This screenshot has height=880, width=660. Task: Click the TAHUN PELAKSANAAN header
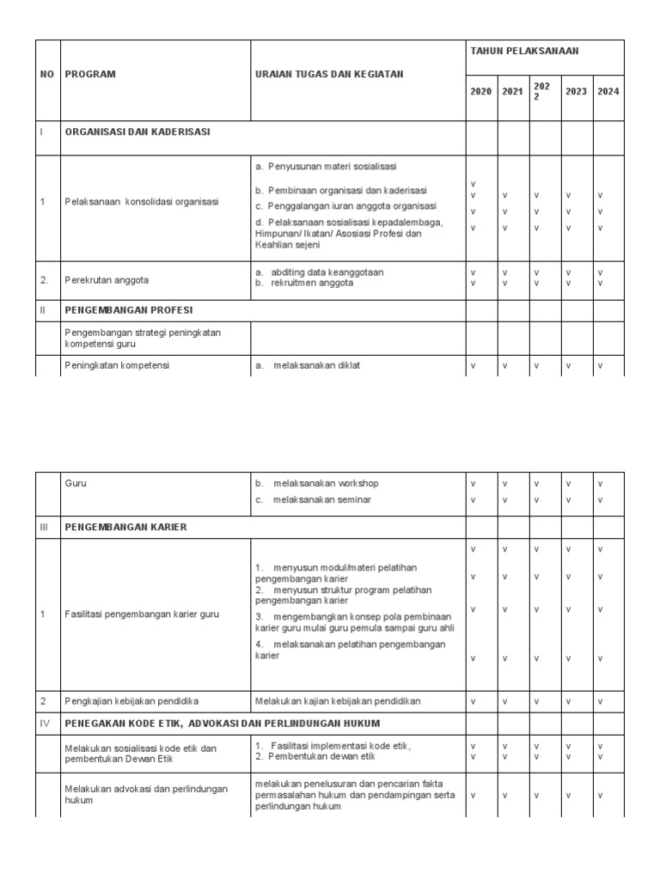tap(524, 52)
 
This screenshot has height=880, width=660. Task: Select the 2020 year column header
tap(480, 91)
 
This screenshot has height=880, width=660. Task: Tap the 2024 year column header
tap(608, 91)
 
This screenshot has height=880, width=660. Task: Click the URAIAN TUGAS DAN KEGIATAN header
tap(328, 75)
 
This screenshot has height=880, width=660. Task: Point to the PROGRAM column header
tap(89, 75)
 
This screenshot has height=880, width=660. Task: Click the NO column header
tap(46, 75)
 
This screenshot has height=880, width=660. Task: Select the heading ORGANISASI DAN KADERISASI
tap(137, 132)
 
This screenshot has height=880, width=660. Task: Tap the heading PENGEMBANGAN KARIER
tap(125, 526)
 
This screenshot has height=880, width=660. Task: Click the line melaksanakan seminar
tap(321, 499)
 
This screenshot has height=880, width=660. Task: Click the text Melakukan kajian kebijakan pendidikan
tap(338, 701)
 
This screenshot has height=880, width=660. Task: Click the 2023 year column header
tap(576, 91)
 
